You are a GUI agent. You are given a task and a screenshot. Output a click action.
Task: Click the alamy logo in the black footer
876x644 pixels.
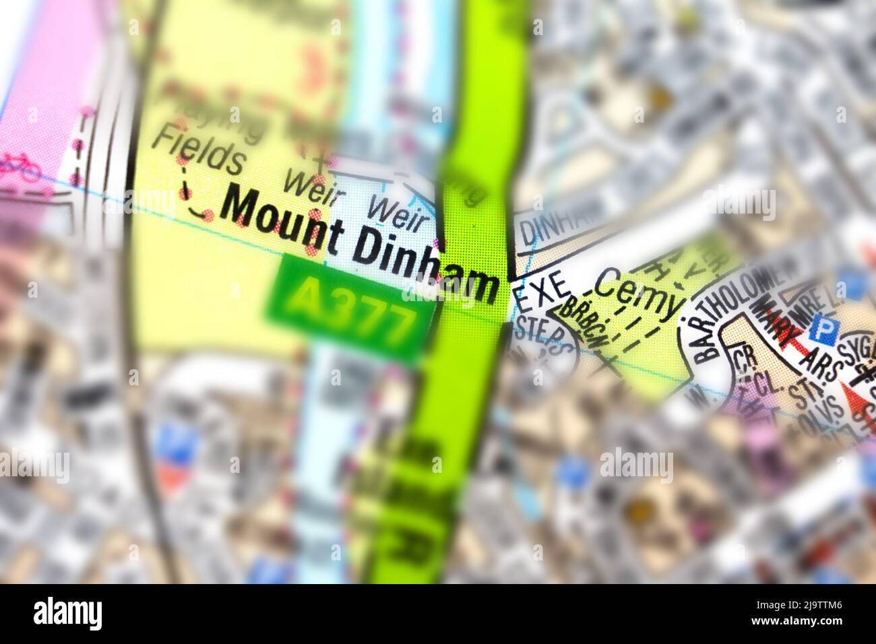click(x=67, y=613)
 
